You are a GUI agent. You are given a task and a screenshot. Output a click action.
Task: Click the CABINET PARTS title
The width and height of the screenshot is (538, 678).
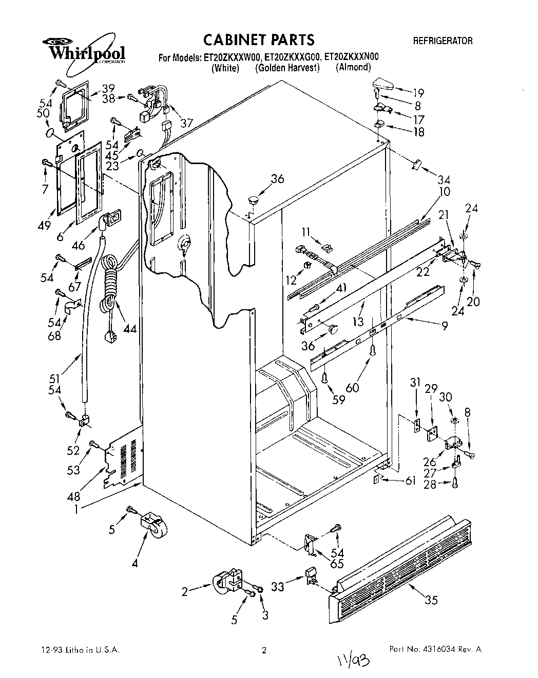[259, 39]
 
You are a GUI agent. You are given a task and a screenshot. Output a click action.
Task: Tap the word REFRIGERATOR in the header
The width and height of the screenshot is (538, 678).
[443, 41]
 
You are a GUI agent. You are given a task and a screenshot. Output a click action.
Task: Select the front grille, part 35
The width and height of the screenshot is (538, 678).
[406, 562]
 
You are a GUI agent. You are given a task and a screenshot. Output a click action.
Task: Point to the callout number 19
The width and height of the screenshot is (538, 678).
[418, 93]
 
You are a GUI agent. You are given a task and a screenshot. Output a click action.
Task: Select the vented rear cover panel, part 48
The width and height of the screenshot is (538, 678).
[123, 457]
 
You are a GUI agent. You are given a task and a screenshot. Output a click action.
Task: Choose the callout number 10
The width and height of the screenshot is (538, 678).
[444, 192]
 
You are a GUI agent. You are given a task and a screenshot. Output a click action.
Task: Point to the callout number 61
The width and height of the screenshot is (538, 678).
[410, 481]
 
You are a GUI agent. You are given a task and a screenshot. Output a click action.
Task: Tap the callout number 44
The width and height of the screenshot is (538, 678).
[130, 328]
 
